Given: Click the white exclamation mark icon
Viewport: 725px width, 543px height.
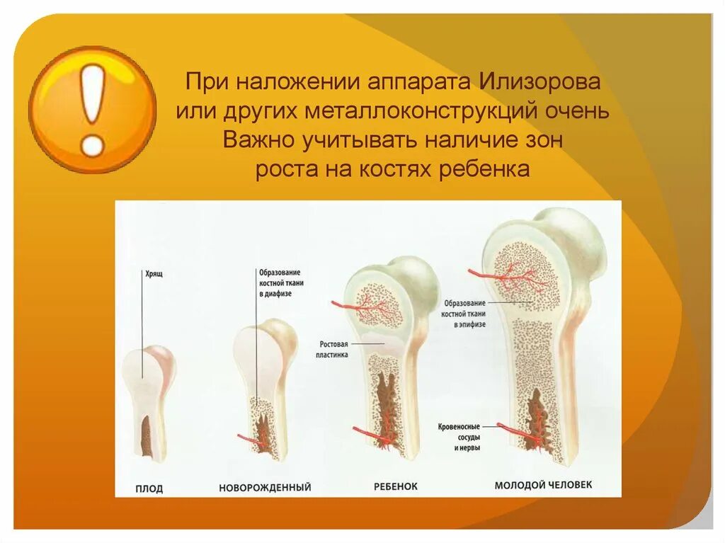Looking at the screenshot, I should coord(93,110).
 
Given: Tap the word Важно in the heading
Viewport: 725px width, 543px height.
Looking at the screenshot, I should coord(262,140).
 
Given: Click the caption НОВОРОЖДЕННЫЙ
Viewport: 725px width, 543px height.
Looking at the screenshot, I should coord(265,488).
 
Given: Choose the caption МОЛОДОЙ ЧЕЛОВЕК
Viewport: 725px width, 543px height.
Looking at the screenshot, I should coord(543,486).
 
